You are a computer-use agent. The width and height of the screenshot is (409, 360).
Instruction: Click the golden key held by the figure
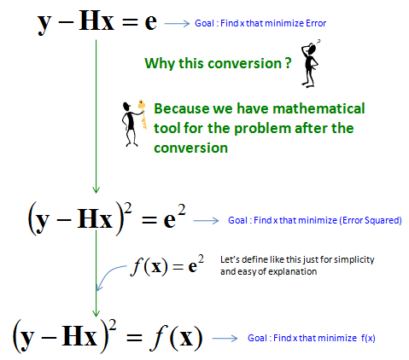click(x=143, y=113)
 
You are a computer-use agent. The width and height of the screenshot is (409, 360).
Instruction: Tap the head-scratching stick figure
click(x=310, y=63)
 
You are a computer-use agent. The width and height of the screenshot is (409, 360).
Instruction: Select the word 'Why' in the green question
click(x=160, y=64)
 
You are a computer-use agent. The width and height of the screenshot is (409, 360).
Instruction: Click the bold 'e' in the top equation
click(x=150, y=22)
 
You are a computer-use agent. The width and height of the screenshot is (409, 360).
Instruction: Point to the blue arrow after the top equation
click(x=177, y=23)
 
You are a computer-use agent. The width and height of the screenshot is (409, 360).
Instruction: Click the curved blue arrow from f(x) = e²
click(x=108, y=276)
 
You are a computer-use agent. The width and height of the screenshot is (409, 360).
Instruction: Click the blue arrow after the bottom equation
click(x=225, y=338)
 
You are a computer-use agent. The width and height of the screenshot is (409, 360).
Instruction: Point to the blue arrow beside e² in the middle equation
click(x=206, y=221)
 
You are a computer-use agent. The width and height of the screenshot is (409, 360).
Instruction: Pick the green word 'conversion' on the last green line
click(x=190, y=148)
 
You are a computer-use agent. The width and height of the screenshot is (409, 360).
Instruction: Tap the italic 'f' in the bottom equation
click(x=158, y=337)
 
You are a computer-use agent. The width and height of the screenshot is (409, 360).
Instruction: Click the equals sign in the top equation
click(x=130, y=23)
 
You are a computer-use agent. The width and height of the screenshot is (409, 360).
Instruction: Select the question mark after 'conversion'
click(x=289, y=63)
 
